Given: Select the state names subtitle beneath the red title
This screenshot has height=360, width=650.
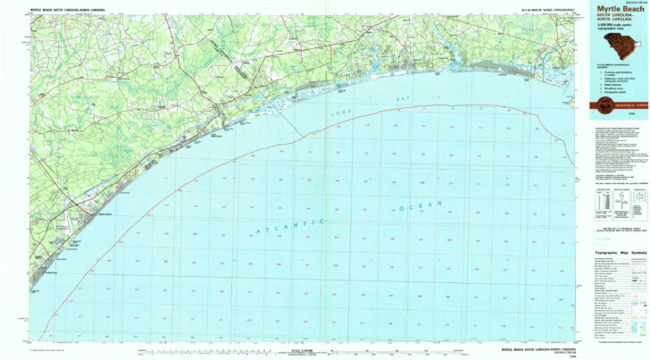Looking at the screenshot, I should (610, 25).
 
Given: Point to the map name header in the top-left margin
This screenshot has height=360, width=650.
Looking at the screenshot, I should (77, 10).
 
